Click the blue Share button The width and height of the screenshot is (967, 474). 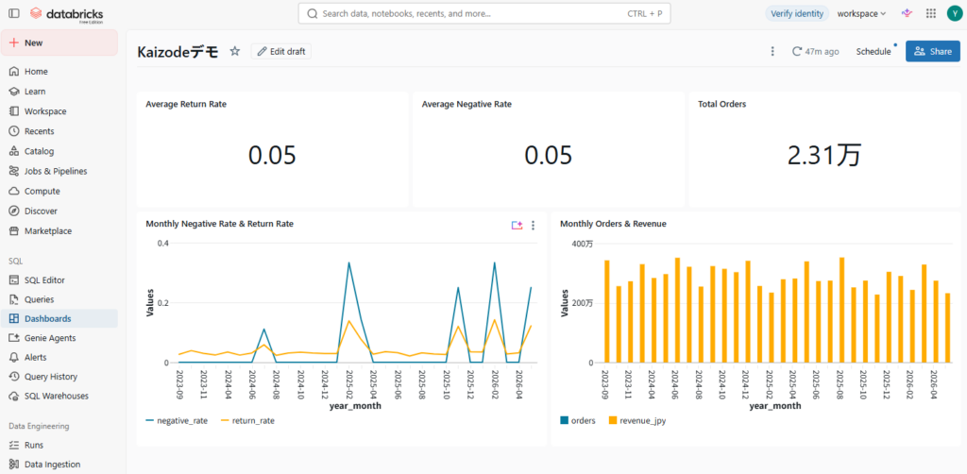point(932,51)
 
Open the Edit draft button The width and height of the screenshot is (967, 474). point(281,52)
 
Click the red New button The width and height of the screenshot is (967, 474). point(59,42)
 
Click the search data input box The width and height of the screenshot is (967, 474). point(484,13)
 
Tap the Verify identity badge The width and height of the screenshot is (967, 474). point(797,13)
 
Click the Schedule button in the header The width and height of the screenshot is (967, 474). point(874,52)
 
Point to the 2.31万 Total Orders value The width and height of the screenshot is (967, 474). point(823,156)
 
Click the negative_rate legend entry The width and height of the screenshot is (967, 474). point(177,420)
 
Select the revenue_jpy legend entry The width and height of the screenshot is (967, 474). point(637,421)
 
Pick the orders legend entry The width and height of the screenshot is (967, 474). point(578,421)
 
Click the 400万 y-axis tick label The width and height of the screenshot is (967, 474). point(582,245)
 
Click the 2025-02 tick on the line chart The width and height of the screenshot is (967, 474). point(349,382)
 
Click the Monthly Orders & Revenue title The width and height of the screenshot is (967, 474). point(613,224)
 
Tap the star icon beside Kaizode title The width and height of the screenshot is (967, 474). point(235,52)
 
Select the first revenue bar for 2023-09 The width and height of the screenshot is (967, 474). point(607,312)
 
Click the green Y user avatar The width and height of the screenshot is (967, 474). point(953,13)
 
